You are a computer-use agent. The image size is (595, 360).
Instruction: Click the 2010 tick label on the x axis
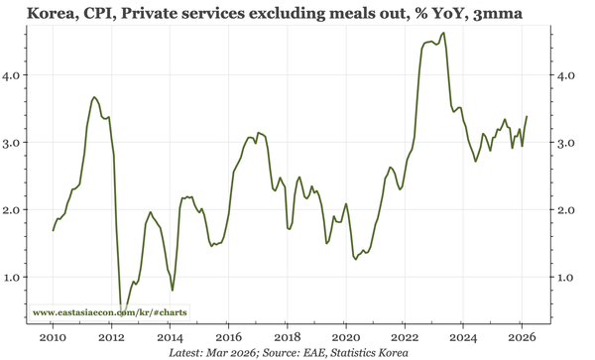53,337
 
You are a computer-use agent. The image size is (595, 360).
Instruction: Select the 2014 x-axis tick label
170,337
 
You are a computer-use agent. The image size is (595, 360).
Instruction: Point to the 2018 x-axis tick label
287,337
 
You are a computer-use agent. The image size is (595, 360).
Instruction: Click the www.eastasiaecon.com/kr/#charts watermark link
110,312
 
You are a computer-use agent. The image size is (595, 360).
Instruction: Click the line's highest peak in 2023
442,33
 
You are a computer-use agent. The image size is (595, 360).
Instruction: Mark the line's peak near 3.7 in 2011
93,97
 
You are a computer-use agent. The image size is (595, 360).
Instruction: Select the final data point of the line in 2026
527,116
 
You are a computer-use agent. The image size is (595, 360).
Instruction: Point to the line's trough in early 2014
173,290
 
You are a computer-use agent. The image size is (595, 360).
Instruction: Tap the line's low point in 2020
356,260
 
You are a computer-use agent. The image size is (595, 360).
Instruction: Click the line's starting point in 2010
54,230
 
